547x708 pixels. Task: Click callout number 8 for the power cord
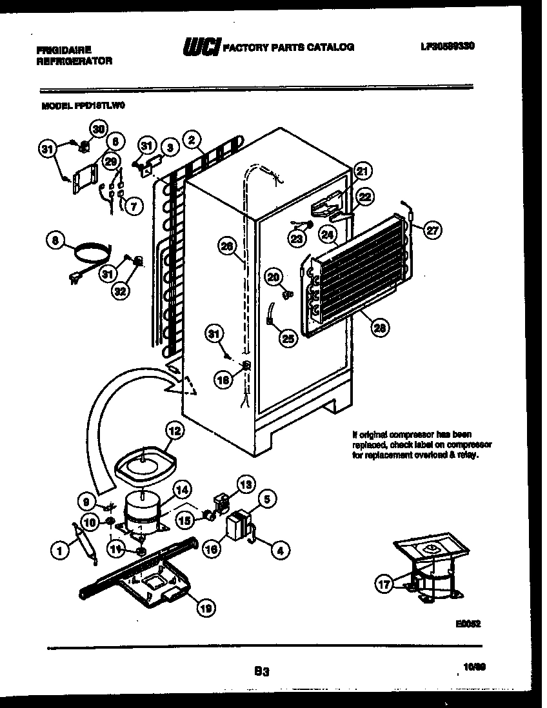[x=56, y=241]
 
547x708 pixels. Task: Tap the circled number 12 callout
[x=174, y=430]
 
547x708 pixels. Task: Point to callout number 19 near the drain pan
[x=206, y=606]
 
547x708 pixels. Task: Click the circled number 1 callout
[x=59, y=550]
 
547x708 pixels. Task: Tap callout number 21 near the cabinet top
[x=363, y=172]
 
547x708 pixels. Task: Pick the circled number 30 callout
[x=97, y=130]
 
